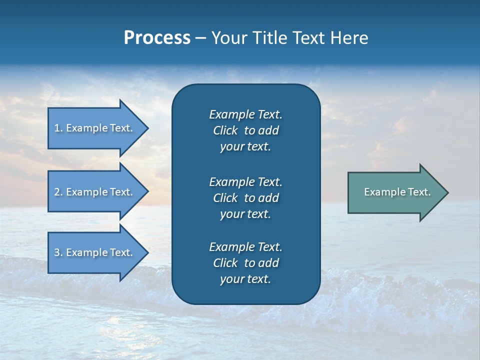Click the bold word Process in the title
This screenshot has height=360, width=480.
157,38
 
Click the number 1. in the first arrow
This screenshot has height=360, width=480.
58,128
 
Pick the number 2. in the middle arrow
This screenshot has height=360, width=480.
58,192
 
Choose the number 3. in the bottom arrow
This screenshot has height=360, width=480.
58,252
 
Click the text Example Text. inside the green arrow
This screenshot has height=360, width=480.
397,192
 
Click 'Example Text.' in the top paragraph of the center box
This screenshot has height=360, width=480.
245,114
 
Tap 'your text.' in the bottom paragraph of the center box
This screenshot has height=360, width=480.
245,279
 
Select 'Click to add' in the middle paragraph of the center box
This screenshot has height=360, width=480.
245,198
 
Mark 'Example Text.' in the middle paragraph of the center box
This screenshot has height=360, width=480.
245,181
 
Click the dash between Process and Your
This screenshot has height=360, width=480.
200,38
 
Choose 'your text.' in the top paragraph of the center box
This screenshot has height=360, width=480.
245,146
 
